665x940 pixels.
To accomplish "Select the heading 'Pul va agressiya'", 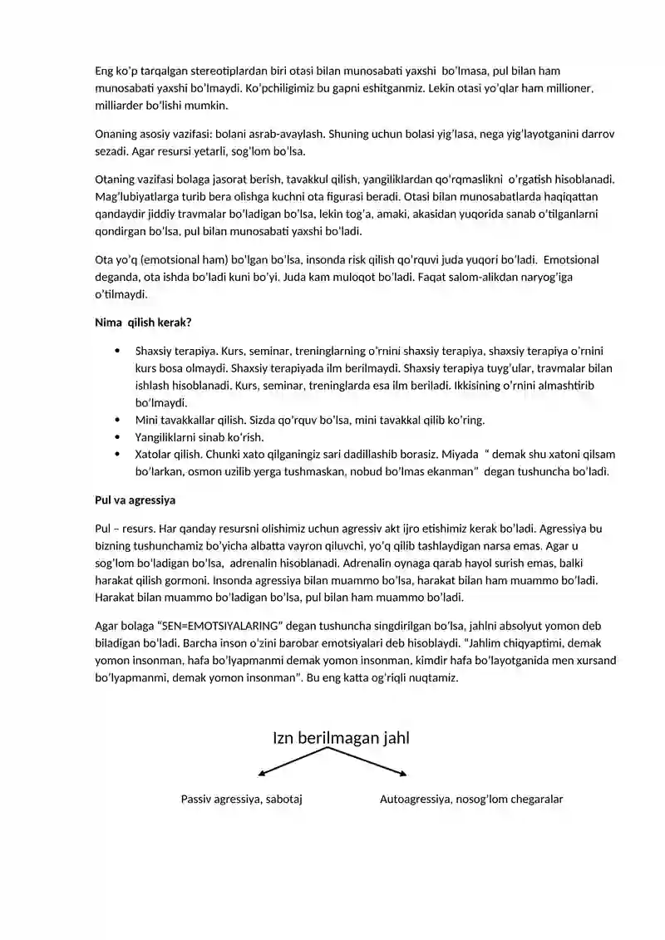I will click(135, 500).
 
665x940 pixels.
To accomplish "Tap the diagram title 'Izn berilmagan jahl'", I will click(341, 738).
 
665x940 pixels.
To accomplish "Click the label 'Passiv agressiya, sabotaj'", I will click(241, 800).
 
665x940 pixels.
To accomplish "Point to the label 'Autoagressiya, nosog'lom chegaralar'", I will click(471, 800).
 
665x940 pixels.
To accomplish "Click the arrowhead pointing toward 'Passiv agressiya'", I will click(262, 774).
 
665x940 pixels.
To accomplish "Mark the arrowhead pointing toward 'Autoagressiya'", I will click(403, 774).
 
